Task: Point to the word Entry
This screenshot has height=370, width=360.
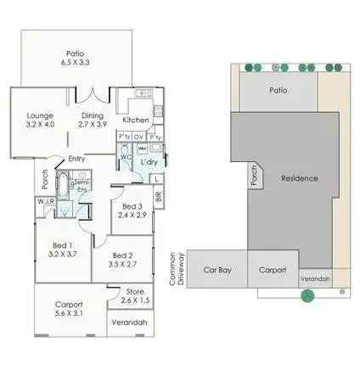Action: pyautogui.click(x=76, y=159)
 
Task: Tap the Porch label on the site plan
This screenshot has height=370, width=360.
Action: pyautogui.click(x=252, y=175)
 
